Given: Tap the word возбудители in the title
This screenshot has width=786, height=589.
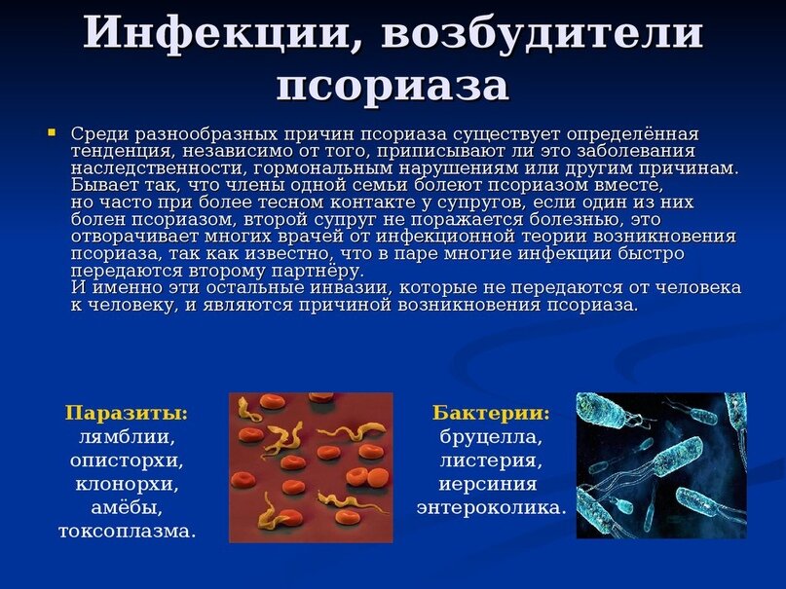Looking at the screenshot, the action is [543, 34].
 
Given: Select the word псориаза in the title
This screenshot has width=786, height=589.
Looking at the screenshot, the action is [393, 85].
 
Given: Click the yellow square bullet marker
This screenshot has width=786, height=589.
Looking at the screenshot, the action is [52, 132].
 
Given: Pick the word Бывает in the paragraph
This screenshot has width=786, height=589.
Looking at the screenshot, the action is [99, 185].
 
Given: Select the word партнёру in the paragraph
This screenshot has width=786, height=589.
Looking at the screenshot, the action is [317, 272].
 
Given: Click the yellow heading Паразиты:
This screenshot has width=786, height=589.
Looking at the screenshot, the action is [127, 414].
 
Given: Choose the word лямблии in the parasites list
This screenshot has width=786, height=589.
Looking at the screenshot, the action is [127, 437].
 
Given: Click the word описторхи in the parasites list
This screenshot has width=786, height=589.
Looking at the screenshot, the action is [127, 461].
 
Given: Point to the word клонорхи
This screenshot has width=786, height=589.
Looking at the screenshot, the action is [127, 485].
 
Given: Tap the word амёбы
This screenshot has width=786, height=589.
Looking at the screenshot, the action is [127, 507].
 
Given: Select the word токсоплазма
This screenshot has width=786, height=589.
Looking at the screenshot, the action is [127, 532].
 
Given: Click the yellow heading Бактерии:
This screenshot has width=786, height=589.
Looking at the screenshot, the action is [491, 414].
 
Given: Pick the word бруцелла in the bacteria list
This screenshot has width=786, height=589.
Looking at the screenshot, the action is [491, 437].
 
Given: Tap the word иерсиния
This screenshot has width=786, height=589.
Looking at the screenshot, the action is [488, 485].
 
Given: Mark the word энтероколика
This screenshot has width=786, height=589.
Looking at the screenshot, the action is [491, 508].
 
